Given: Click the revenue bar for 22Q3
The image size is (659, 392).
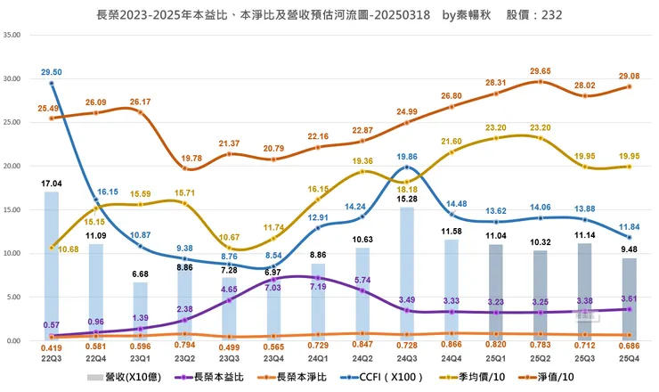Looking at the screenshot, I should click(x=52, y=267).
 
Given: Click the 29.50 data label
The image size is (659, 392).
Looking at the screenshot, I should click(x=52, y=72).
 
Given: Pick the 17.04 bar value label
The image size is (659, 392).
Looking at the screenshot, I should click(x=52, y=183).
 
